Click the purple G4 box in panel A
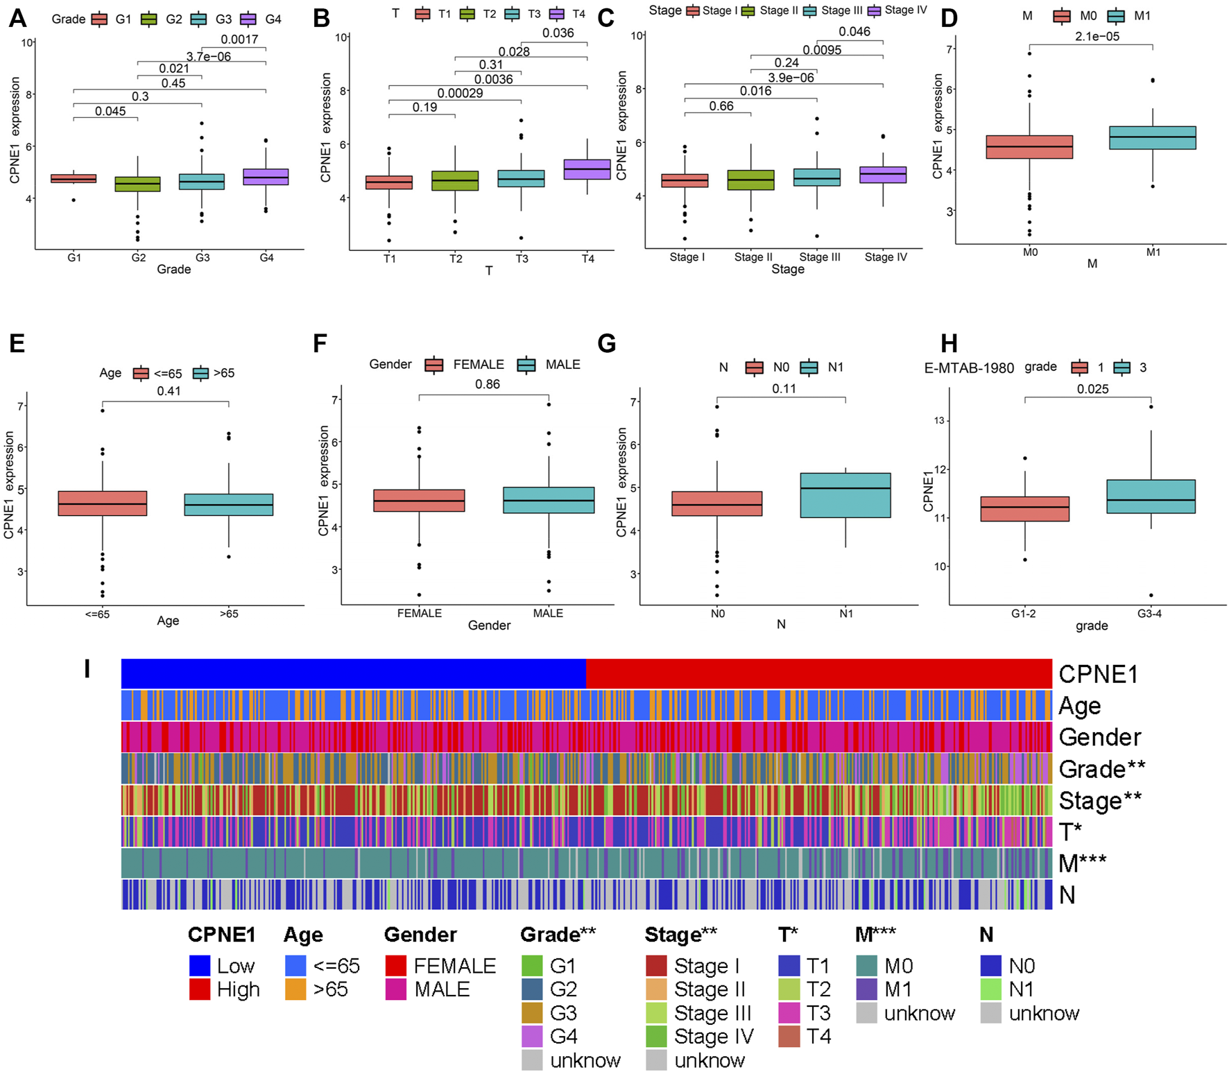[x=266, y=177]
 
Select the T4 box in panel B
[x=587, y=170]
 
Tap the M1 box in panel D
[x=1152, y=138]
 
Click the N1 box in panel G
[x=845, y=495]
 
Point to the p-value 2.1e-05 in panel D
[x=1097, y=37]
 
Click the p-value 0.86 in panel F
[x=487, y=384]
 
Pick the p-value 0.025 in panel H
[x=1092, y=389]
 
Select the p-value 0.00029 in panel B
[x=460, y=93]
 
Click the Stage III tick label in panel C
[x=819, y=257]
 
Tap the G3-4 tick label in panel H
[x=1149, y=614]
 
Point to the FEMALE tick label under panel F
[x=419, y=613]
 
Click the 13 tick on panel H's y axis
[x=939, y=421]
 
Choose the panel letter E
[x=17, y=343]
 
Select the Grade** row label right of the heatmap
[x=1101, y=769]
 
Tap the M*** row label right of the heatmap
[x=1082, y=863]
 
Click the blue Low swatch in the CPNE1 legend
[x=200, y=965]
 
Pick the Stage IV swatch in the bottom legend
[x=656, y=1036]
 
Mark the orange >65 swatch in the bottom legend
[x=295, y=989]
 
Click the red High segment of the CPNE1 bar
[x=818, y=673]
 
